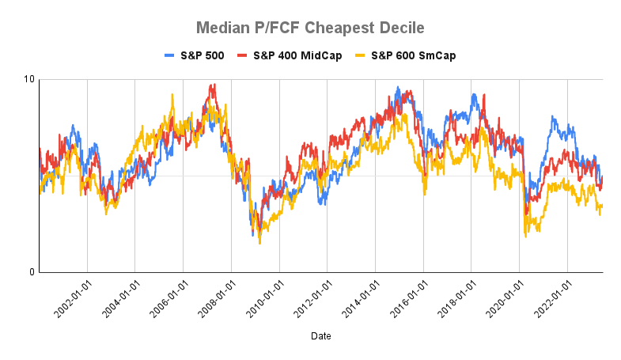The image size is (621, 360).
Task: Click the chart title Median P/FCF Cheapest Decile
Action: pos(310,28)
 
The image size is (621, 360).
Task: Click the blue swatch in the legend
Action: pos(169,55)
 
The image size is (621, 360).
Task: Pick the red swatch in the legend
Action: pos(244,55)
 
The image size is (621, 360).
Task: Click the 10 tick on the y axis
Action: pos(30,79)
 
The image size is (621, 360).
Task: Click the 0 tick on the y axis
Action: pos(32,272)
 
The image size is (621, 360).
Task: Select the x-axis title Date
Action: pos(321,336)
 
